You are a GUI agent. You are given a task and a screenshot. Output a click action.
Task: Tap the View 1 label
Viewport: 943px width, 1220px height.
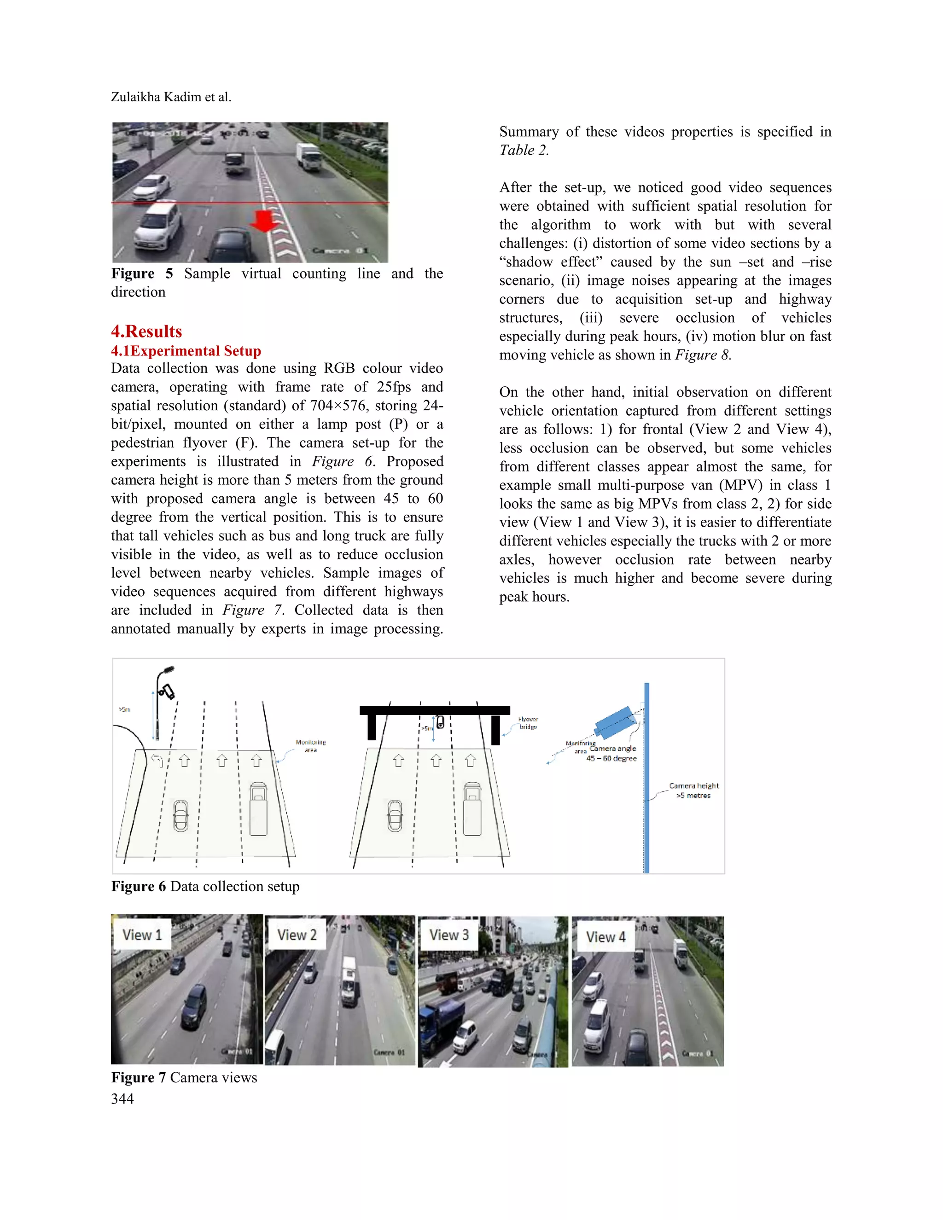pos(142,935)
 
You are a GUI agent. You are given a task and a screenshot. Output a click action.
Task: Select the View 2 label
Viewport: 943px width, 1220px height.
pos(297,935)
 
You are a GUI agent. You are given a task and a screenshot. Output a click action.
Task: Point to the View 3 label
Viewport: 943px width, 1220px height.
pos(448,935)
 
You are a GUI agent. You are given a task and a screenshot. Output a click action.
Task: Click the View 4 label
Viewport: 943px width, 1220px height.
pos(605,937)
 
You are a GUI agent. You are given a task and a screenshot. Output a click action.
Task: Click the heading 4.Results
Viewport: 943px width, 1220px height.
pos(146,331)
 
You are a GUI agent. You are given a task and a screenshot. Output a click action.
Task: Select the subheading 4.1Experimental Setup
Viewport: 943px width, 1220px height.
pos(186,351)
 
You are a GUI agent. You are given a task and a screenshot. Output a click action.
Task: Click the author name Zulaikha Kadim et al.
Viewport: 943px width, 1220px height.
pos(171,97)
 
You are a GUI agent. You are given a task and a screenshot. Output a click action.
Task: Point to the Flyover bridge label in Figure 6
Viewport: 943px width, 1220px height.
pos(528,723)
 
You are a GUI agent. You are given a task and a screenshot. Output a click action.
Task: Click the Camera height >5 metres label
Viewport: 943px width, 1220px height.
pos(693,790)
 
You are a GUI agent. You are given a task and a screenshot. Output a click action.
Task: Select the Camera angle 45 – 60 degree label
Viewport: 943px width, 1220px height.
pos(612,753)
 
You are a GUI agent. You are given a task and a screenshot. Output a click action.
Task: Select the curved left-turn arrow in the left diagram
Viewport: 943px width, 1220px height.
pos(157,760)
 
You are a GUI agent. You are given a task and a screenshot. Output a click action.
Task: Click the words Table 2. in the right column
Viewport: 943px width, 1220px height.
pos(524,150)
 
